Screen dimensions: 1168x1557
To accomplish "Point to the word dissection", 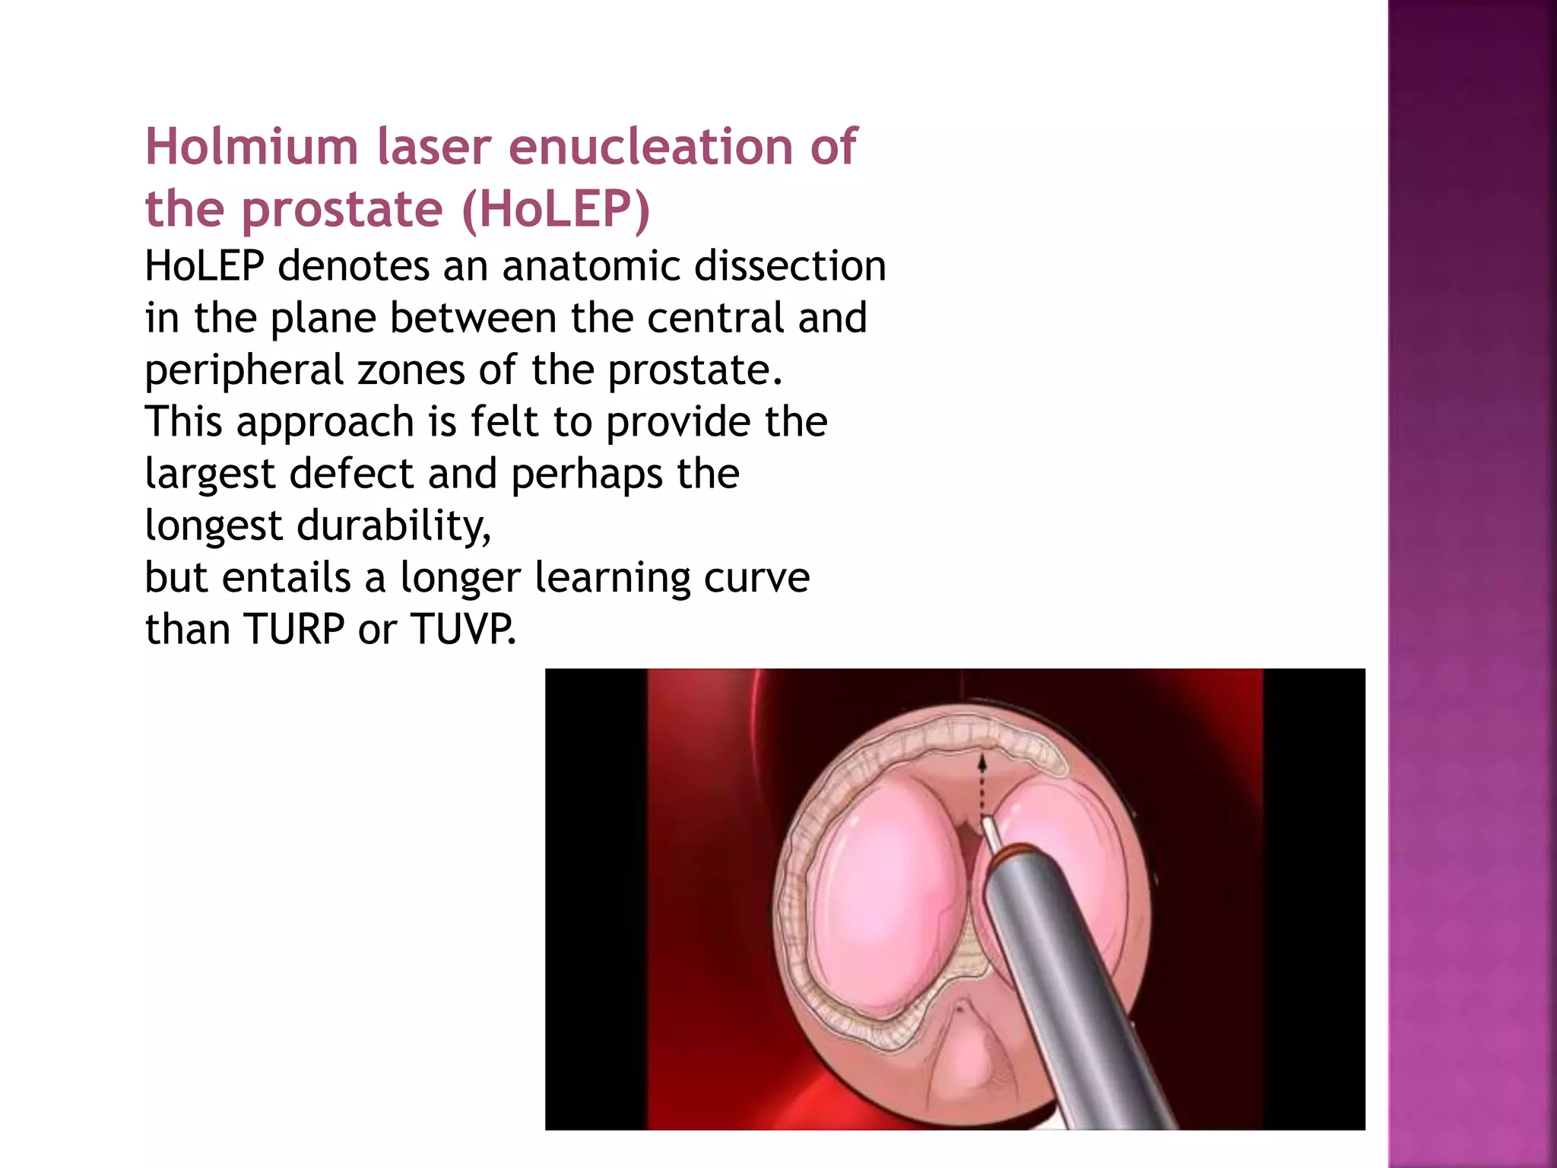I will (790, 266).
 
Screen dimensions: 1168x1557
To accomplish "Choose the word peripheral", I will (243, 371).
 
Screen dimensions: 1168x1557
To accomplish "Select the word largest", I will (209, 474).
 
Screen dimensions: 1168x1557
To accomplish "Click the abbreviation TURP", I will (294, 630).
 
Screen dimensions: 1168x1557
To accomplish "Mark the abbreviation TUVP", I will (462, 630).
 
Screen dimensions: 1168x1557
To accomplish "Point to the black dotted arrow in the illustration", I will (981, 783).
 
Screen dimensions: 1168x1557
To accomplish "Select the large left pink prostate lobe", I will (889, 897).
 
